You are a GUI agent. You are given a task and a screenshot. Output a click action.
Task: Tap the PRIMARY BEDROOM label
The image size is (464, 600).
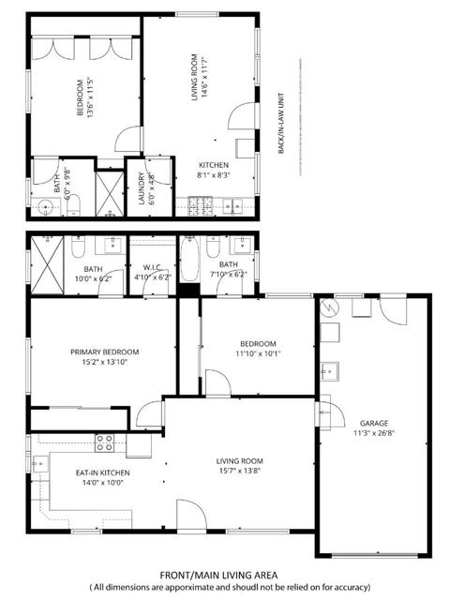click(x=103, y=352)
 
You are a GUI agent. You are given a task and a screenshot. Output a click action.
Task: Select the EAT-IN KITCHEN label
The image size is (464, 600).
click(x=102, y=472)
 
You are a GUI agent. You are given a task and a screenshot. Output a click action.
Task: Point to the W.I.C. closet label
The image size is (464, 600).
click(x=150, y=265)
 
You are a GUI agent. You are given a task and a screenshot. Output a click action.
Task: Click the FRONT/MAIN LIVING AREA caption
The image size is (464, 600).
click(x=232, y=574)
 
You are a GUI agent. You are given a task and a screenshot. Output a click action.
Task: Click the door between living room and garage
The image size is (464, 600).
click(x=324, y=412)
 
